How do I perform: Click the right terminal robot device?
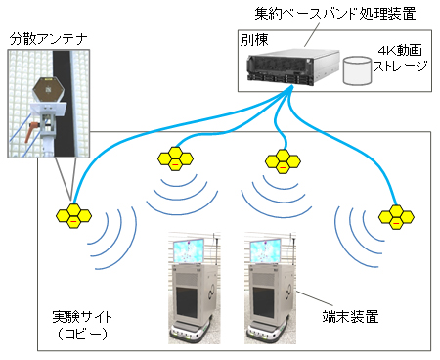[273, 289]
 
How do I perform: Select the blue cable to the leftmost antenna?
[147, 137]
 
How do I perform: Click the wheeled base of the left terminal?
[189, 333]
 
